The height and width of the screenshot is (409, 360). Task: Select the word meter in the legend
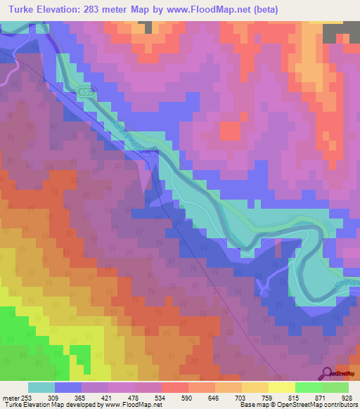[x=10, y=397]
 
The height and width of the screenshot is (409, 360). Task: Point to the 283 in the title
[x=101, y=10]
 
